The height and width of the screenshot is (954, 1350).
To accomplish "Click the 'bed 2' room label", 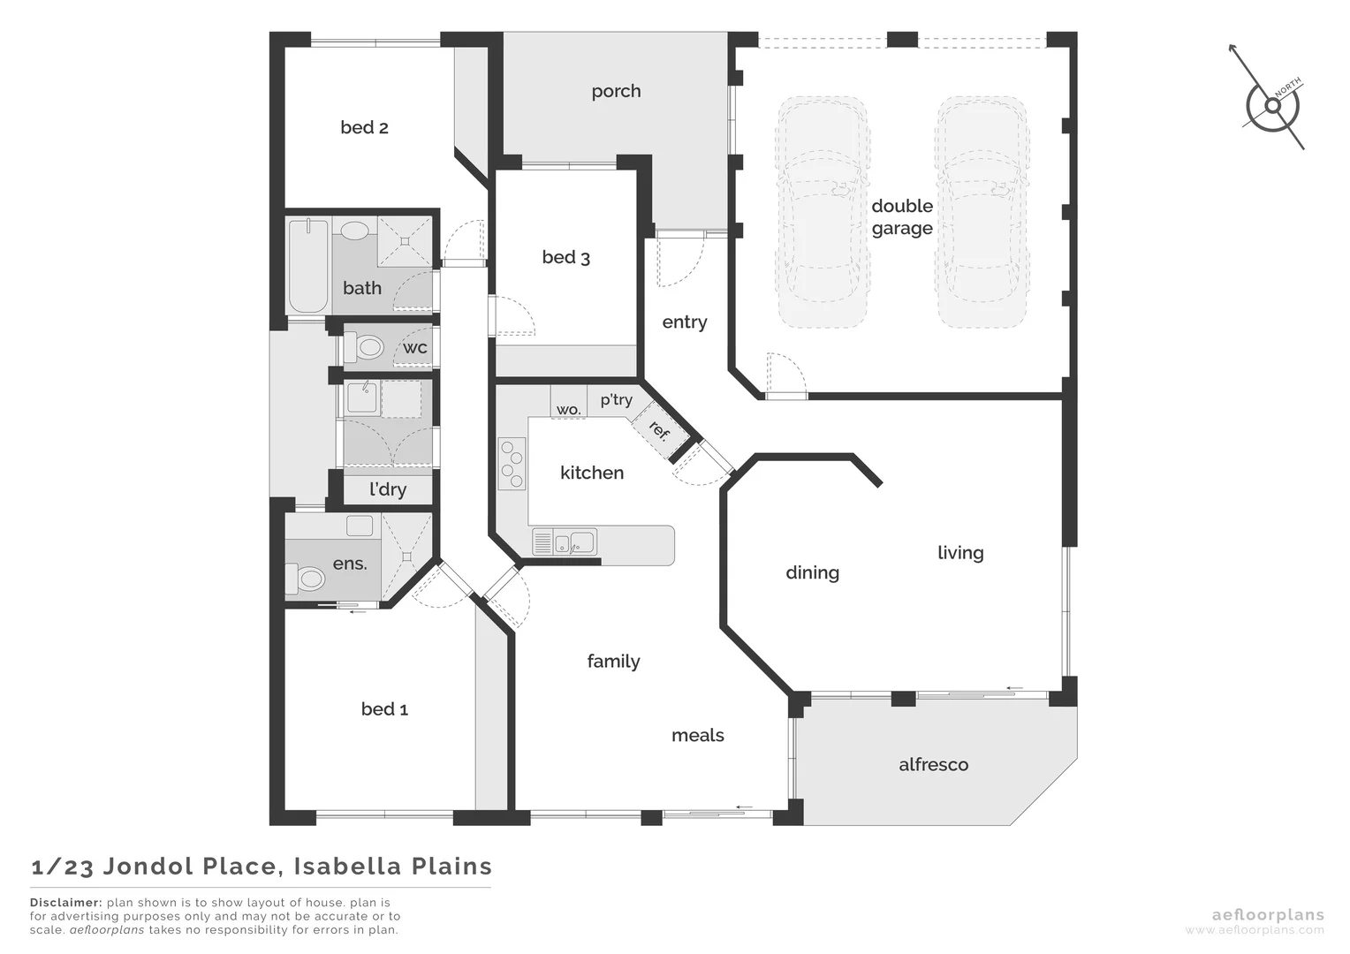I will point(364,127).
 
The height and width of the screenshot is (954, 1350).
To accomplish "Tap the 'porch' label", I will point(616,91).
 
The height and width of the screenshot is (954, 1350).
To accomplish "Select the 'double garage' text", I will point(902,217).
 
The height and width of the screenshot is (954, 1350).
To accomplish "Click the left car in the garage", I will point(821,212).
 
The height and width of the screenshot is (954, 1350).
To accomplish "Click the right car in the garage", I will point(982,212).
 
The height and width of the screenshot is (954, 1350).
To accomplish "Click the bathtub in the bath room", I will point(307,265).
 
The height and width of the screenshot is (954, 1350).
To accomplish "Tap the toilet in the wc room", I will point(364,347).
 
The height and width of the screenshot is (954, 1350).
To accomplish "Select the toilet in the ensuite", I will point(306,579).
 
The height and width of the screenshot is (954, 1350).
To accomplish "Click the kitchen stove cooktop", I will point(512,464).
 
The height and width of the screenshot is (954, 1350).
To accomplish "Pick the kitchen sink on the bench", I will point(574,541).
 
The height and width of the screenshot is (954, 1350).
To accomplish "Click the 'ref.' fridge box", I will point(658,431).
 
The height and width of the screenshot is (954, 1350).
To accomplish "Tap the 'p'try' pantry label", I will point(616,400).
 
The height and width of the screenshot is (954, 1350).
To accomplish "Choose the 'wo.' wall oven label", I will point(568,410).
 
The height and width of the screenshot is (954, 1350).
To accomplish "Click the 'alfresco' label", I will point(933,765).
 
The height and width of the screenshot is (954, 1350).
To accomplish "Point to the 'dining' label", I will point(812,572).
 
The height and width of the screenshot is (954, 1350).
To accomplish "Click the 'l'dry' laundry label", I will point(388,489).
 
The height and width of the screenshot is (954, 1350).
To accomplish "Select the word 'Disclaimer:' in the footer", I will point(65,903).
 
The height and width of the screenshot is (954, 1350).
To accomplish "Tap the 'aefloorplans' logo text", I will point(1267,915).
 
